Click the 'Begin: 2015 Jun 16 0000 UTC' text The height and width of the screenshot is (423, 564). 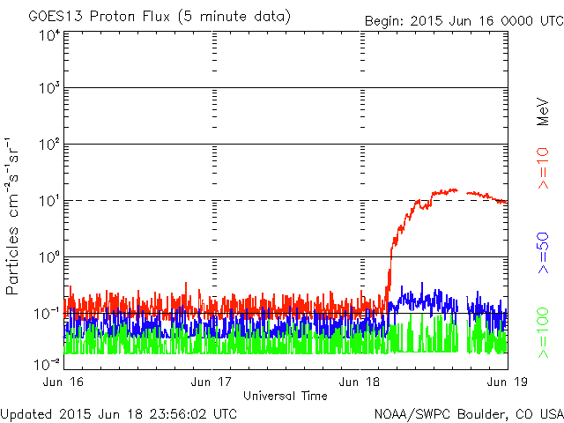[x=462, y=19]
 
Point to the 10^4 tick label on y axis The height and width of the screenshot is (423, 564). [x=48, y=35]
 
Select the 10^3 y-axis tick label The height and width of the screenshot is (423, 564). [x=48, y=89]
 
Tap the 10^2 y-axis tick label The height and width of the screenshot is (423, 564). [x=48, y=145]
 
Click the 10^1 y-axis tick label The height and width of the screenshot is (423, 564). [x=48, y=202]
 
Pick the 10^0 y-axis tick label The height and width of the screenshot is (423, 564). [x=48, y=258]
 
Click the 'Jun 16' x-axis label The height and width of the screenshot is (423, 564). [x=63, y=382]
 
